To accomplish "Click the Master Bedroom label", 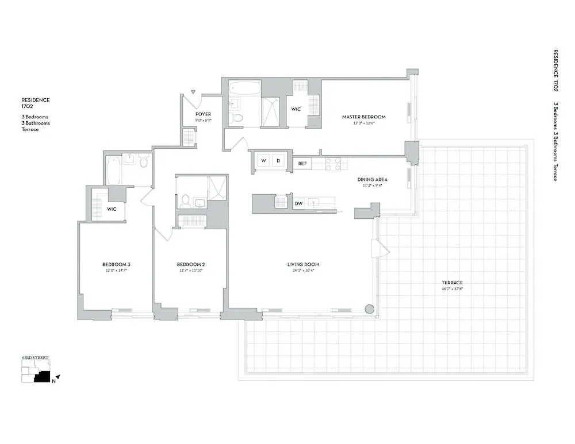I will click(x=363, y=117).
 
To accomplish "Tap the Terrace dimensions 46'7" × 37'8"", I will click(x=452, y=289).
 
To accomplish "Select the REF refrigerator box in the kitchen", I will click(x=302, y=164).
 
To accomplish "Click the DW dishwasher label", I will click(x=298, y=203).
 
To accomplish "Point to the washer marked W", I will click(x=263, y=161).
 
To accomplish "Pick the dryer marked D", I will click(x=278, y=161).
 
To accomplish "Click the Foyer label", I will click(x=203, y=114).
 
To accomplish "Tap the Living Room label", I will click(x=303, y=265).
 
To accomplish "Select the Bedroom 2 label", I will click(x=191, y=265).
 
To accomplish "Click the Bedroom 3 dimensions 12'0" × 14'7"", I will click(x=116, y=271).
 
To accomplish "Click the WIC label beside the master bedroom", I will click(x=296, y=109).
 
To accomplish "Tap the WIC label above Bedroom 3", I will click(x=112, y=209).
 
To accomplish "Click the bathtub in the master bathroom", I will click(x=244, y=89).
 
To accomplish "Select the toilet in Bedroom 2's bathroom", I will click(x=185, y=201).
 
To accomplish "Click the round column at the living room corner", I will click(x=369, y=309).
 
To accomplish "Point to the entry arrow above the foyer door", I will click(x=194, y=91).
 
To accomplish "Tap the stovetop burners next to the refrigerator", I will click(x=333, y=164).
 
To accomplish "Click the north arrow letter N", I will click(x=53, y=380).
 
